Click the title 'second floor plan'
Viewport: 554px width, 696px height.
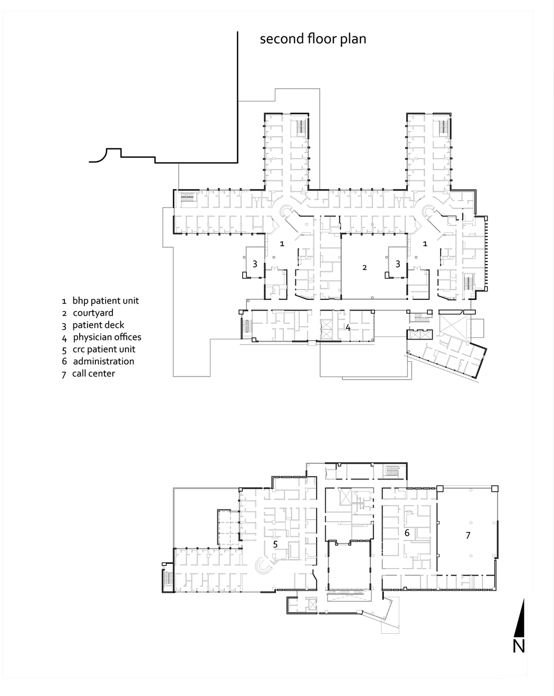(312, 39)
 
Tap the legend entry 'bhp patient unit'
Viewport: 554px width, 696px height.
(106, 300)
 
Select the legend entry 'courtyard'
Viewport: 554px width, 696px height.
(93, 313)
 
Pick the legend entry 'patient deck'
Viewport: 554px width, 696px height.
(98, 325)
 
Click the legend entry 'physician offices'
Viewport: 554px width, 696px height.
(107, 337)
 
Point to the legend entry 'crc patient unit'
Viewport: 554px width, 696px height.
(103, 349)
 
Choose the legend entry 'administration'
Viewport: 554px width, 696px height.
(103, 361)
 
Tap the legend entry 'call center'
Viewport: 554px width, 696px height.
(93, 373)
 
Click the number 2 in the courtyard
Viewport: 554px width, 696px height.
(364, 268)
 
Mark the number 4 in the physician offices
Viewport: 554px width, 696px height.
(348, 327)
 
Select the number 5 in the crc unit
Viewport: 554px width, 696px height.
(275, 543)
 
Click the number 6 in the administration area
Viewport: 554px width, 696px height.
(407, 533)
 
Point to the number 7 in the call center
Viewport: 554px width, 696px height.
(467, 535)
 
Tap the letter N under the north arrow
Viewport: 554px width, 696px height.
(519, 645)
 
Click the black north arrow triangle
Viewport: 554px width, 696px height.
(521, 618)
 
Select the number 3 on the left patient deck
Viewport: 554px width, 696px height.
(255, 264)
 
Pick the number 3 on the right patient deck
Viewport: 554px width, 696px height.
(398, 264)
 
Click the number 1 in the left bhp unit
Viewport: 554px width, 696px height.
(282, 243)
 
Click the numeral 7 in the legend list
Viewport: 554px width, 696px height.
(64, 374)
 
